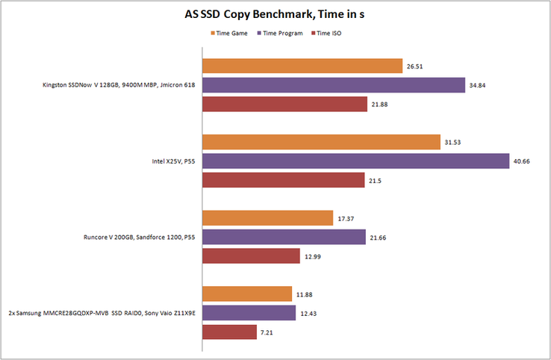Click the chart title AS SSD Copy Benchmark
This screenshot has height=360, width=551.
coord(275,14)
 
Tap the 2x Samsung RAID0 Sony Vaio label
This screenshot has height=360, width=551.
coord(102,313)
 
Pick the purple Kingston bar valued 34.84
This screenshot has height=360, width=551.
coord(334,85)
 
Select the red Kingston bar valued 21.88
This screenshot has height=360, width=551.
coord(284,105)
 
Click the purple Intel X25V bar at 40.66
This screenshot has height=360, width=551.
coord(355,161)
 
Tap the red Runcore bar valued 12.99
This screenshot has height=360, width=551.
coord(250,256)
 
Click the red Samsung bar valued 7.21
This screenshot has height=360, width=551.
coord(228,332)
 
